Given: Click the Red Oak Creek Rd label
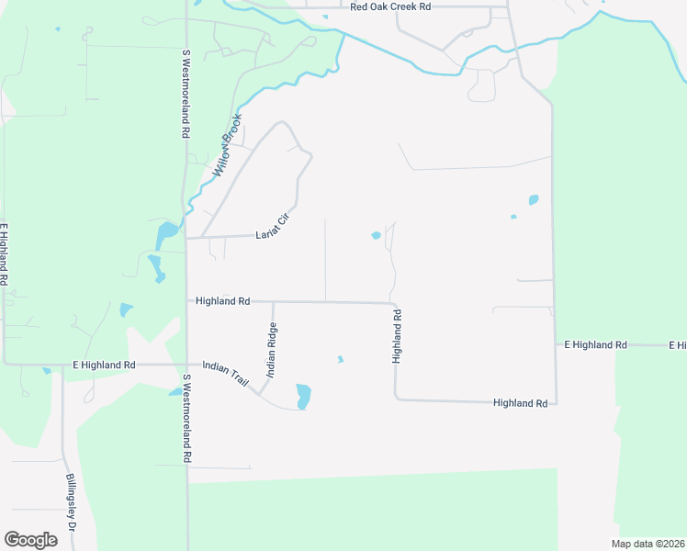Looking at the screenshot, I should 390,6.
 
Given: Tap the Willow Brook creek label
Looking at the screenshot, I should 227,147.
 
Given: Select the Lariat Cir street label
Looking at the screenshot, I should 273,227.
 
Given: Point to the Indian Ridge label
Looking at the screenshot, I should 272,350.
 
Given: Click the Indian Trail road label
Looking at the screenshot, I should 226,373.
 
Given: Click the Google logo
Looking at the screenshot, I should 30,540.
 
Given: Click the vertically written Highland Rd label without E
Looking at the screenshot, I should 398,336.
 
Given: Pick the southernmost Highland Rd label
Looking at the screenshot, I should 520,403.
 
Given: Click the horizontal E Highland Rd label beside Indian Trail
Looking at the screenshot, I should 104,365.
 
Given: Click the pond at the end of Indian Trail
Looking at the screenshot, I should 303,397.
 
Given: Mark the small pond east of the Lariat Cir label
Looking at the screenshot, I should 376,236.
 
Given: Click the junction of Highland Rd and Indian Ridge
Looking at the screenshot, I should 273,301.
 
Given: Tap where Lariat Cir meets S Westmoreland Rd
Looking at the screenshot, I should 186,238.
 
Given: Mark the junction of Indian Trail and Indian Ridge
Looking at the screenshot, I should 260,393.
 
